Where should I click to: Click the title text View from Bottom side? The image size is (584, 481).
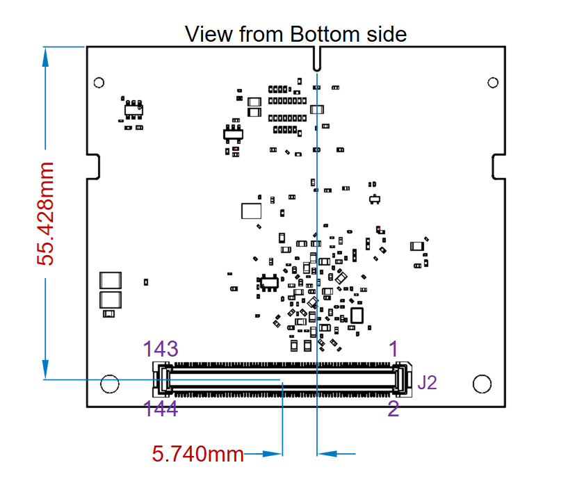tap(295, 33)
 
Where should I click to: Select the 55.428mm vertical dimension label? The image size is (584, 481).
tap(46, 213)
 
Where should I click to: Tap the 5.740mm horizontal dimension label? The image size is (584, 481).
tap(198, 455)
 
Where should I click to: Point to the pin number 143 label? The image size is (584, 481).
tap(161, 349)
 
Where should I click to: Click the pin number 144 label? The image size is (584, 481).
tap(161, 409)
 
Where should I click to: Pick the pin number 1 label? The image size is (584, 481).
tap(393, 349)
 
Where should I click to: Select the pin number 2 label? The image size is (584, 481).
tap(393, 409)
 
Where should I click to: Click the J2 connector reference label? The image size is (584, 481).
tap(427, 382)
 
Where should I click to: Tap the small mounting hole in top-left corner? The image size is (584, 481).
tap(98, 82)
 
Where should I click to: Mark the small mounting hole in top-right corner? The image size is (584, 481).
tap(493, 83)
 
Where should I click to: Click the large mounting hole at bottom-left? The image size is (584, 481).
tap(109, 384)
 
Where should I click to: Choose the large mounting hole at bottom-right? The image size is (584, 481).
tap(481, 384)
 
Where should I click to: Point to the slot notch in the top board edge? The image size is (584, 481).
tap(317, 59)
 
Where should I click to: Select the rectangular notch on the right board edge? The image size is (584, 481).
tap(498, 165)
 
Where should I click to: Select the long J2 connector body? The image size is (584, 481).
tap(282, 379)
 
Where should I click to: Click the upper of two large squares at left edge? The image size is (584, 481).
tap(110, 280)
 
